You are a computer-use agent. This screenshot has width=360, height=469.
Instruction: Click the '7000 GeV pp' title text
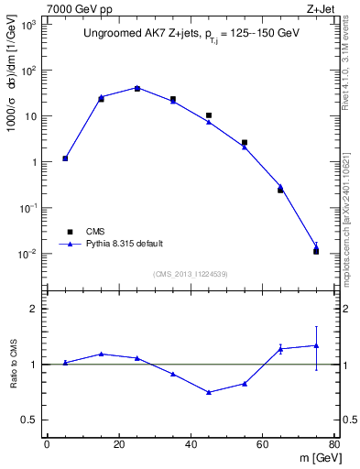coord(79,9)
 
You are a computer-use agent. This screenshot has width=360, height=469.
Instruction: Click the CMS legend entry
coord(95,232)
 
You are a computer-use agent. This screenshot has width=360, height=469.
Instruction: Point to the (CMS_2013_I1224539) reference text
coord(191,274)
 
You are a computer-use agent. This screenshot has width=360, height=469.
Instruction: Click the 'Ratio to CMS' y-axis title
coord(13,365)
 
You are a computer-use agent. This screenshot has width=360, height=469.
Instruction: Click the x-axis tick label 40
coord(191,444)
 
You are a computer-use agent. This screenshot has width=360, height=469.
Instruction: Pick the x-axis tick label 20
coord(119,444)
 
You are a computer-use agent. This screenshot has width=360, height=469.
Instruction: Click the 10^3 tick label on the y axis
coord(29,25)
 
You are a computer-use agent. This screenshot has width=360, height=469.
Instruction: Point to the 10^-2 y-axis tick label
coord(29,254)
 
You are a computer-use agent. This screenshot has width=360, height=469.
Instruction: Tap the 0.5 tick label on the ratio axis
coord(31,420)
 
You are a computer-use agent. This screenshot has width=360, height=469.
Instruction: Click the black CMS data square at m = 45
coord(209,115)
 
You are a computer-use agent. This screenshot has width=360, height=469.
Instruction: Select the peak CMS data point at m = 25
coord(137,88)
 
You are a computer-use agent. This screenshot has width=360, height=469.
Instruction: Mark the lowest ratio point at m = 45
coord(209,392)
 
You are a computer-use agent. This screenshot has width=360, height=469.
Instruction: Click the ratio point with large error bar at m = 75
coord(316,345)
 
